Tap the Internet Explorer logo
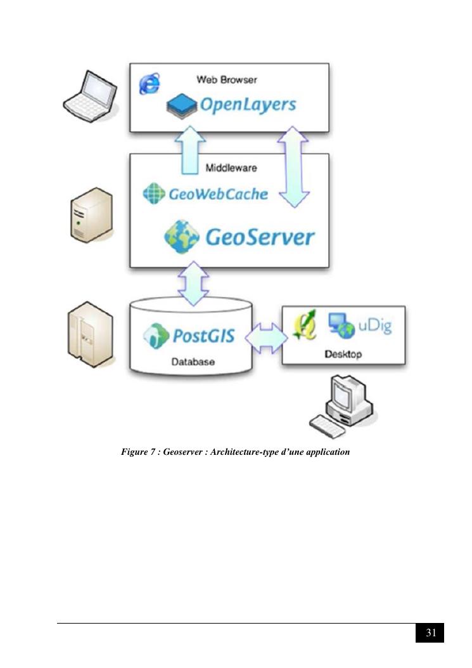(x=150, y=83)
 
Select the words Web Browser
(x=226, y=80)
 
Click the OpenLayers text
(x=248, y=105)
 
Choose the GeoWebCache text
(x=218, y=194)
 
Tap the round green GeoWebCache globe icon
(x=154, y=193)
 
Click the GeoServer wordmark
(x=259, y=237)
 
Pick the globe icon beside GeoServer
(x=182, y=237)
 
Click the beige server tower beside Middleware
(x=91, y=214)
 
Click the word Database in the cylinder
(x=193, y=362)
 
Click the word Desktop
(x=343, y=355)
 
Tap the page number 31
(x=430, y=633)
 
